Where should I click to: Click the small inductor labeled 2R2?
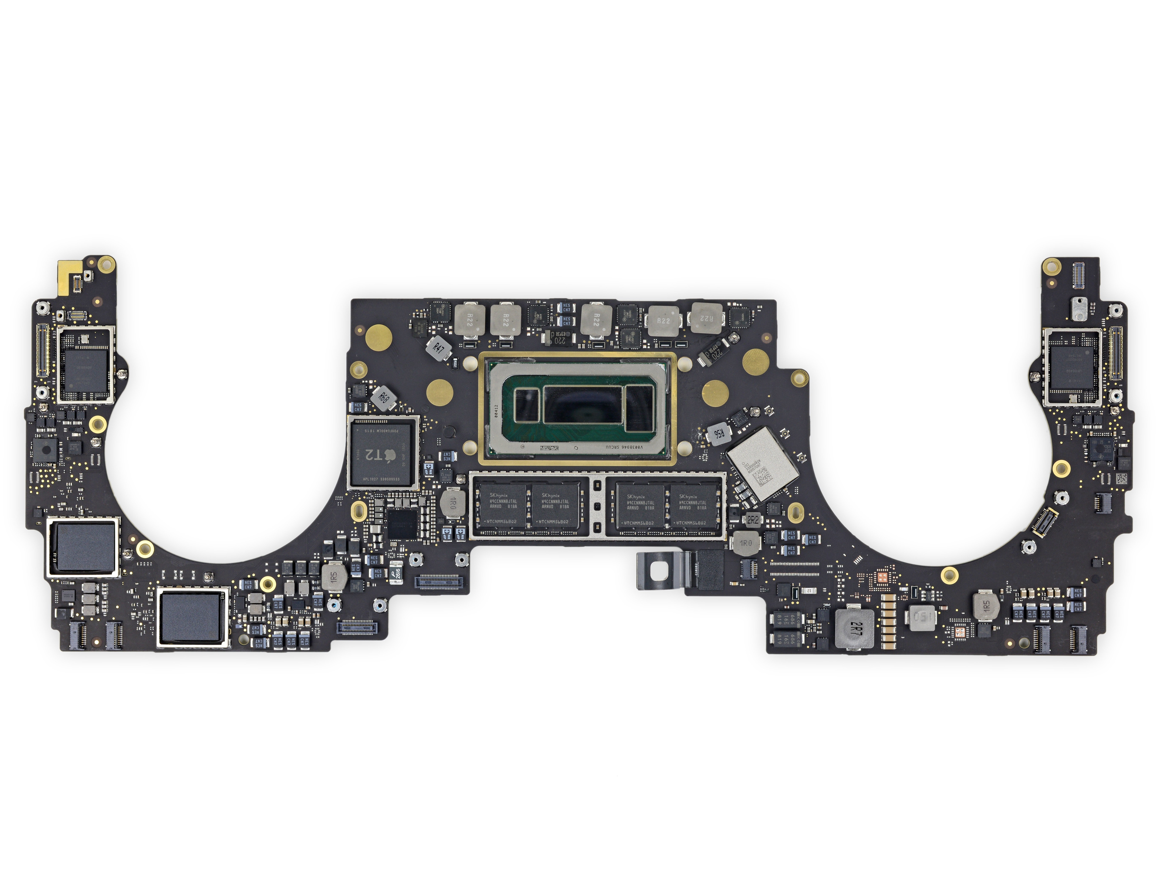coord(752,520)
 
